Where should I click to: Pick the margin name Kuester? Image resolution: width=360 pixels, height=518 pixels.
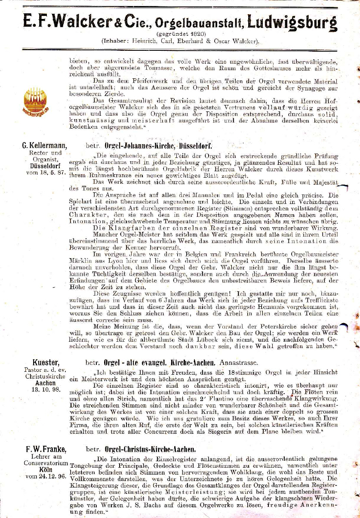click(46, 362)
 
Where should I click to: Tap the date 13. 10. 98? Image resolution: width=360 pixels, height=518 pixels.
click(44, 389)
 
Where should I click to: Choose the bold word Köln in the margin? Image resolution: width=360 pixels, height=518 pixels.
click(46, 470)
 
